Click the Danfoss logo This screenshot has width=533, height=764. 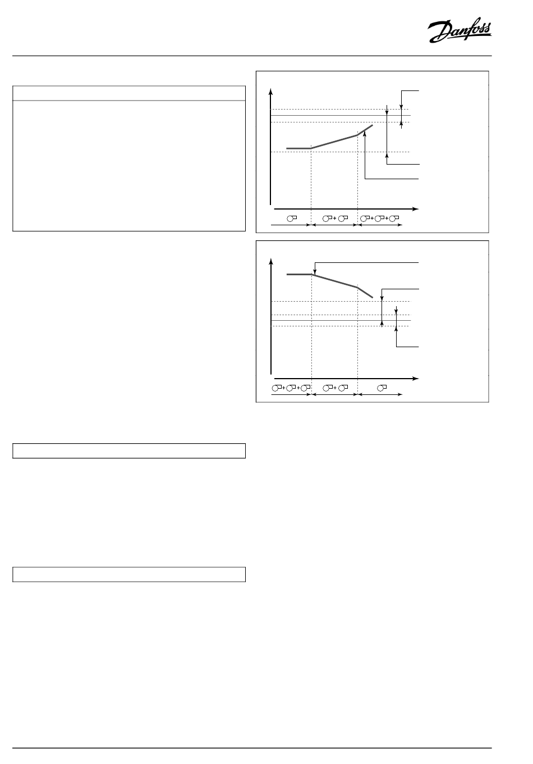pyautogui.click(x=460, y=30)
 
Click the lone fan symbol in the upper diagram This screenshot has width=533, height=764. pyautogui.click(x=292, y=219)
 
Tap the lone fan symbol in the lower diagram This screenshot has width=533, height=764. pyautogui.click(x=382, y=388)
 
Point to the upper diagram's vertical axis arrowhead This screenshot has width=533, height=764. pyautogui.click(x=271, y=91)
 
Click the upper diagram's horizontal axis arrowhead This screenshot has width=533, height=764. pyautogui.click(x=415, y=209)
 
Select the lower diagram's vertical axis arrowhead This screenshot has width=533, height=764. pyautogui.click(x=271, y=261)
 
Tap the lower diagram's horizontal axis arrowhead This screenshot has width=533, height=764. pyautogui.click(x=415, y=379)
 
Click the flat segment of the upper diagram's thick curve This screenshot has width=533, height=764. pyautogui.click(x=298, y=148)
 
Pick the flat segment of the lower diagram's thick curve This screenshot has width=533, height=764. pyautogui.click(x=299, y=274)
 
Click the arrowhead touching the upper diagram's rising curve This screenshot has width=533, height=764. pyautogui.click(x=365, y=134)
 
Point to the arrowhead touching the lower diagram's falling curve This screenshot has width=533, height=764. pyautogui.click(x=315, y=272)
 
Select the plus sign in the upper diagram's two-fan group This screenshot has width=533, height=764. pyautogui.click(x=335, y=219)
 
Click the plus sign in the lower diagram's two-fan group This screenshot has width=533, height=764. pyautogui.click(x=335, y=388)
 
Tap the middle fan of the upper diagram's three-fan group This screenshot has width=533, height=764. pyautogui.click(x=379, y=219)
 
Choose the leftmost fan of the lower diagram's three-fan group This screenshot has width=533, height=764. pyautogui.click(x=277, y=388)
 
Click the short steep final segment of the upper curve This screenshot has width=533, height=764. pyautogui.click(x=365, y=130)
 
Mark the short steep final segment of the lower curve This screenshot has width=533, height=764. pyautogui.click(x=365, y=293)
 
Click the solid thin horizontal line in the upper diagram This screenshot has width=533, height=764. pyautogui.click(x=341, y=116)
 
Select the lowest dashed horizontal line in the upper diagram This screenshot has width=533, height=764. pyautogui.click(x=340, y=152)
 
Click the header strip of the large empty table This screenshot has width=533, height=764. pyautogui.click(x=129, y=93)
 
